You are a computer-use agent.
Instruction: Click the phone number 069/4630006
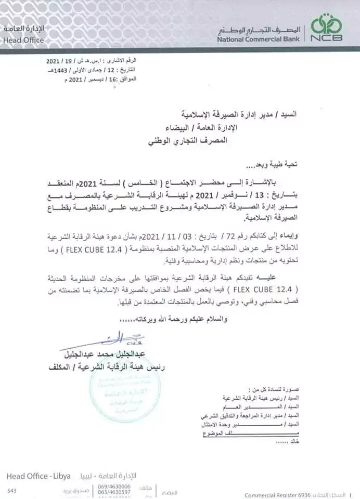point(114,486)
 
